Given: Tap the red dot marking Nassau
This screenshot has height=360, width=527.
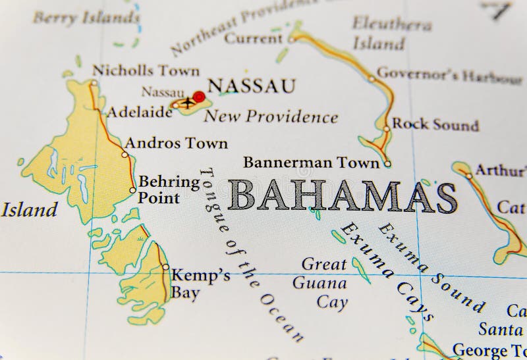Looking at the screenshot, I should [199, 97].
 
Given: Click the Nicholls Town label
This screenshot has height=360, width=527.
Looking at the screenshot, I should [146, 70].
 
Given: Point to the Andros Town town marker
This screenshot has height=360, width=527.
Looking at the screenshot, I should [125, 155].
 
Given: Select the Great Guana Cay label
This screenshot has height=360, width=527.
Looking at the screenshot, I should [323, 284].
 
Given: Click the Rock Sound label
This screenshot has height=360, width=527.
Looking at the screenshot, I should [435, 124].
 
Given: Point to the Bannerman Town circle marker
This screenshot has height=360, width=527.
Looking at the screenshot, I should [387, 164].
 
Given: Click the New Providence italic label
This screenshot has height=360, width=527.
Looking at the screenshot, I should [271, 118].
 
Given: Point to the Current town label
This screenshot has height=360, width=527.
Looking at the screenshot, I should [254, 39].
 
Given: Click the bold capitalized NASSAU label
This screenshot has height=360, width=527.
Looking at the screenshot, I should [251, 86].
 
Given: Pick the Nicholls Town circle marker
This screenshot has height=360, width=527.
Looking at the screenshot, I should [94, 83].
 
